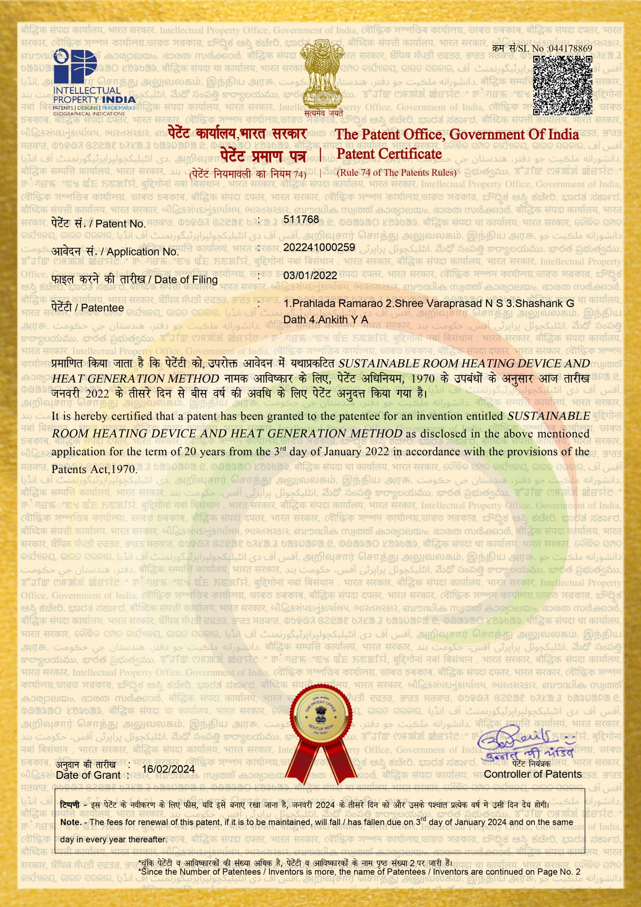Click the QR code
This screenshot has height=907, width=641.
562,85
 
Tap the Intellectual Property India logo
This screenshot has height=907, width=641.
94,83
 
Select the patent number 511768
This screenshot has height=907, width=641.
301,219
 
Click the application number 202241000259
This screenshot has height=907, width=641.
319,247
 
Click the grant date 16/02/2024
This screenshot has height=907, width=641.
168,769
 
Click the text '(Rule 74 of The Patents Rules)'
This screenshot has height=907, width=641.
397,173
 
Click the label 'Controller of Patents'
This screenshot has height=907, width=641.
533,774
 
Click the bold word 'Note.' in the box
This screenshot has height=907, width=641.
71,822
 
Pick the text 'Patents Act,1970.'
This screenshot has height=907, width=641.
95,469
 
